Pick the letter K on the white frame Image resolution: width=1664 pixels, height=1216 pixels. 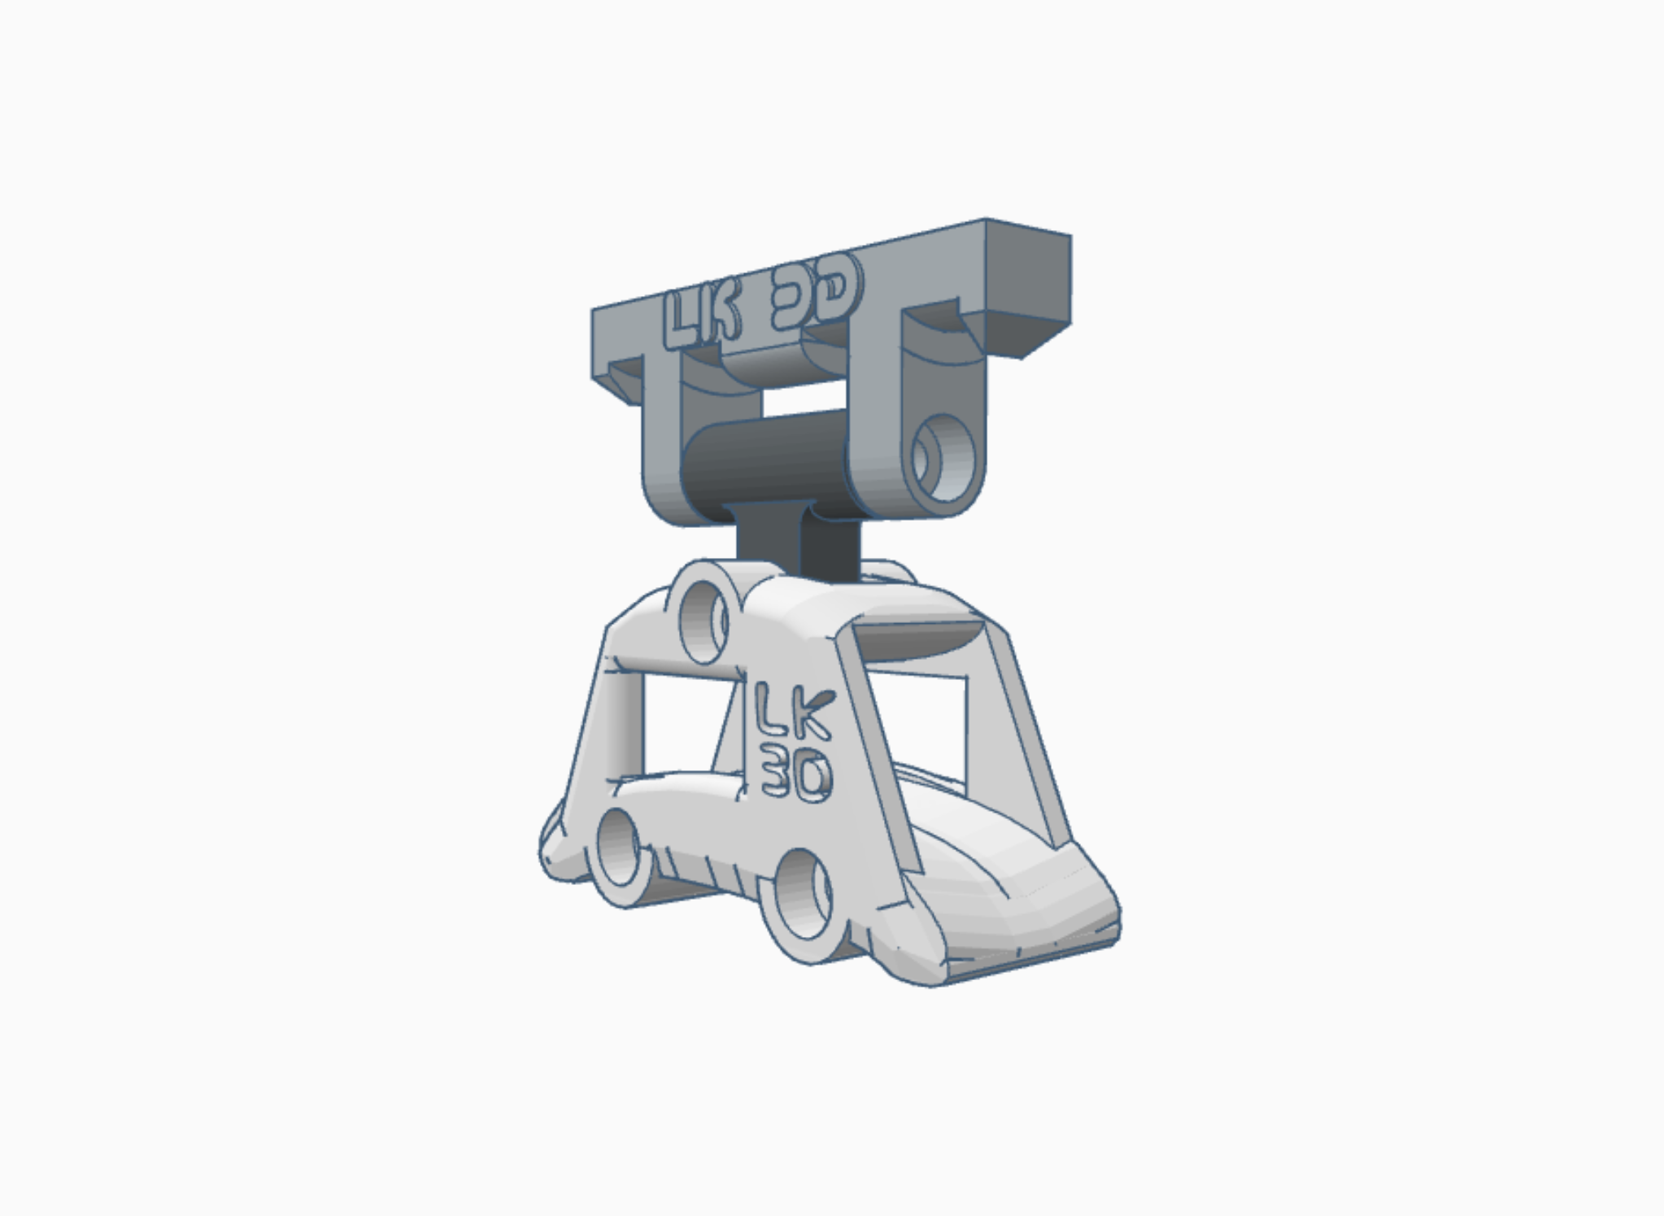point(812,713)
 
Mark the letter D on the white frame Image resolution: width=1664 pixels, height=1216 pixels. point(813,777)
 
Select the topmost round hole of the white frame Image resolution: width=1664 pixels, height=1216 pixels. point(704,617)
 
